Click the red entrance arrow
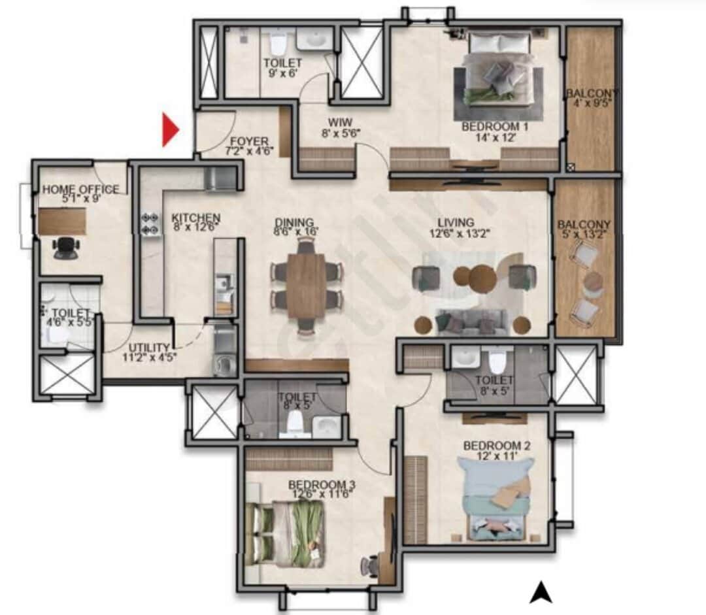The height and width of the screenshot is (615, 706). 171,129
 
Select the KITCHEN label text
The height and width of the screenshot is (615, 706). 195,218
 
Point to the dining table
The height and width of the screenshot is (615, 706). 306,285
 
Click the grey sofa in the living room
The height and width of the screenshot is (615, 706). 471,322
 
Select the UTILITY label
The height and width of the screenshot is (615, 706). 149,347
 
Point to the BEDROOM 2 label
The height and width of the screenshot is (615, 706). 496,446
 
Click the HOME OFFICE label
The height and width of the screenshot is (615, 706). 80,190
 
